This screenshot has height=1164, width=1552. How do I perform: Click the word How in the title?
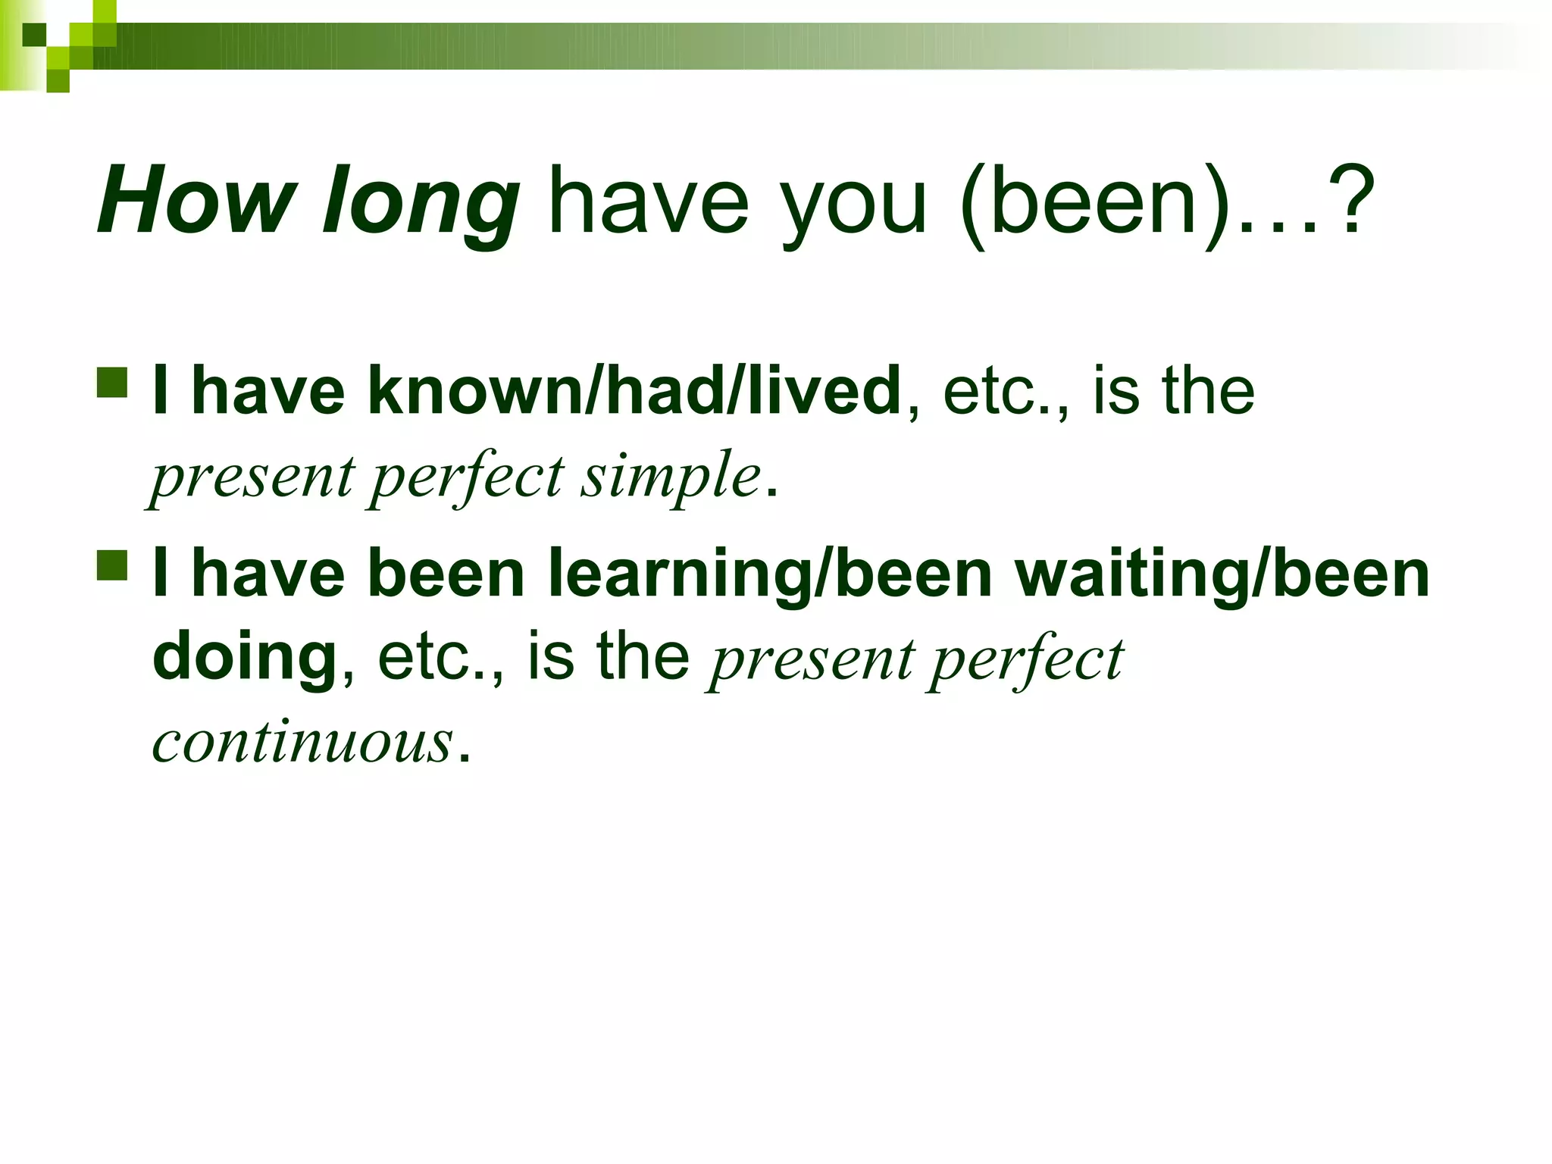pyautogui.click(x=196, y=201)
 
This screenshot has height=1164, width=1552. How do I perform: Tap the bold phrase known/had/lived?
pyautogui.click(x=634, y=390)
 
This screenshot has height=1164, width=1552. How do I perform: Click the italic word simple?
pyautogui.click(x=671, y=477)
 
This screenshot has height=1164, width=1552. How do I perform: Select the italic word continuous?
pyautogui.click(x=303, y=741)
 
